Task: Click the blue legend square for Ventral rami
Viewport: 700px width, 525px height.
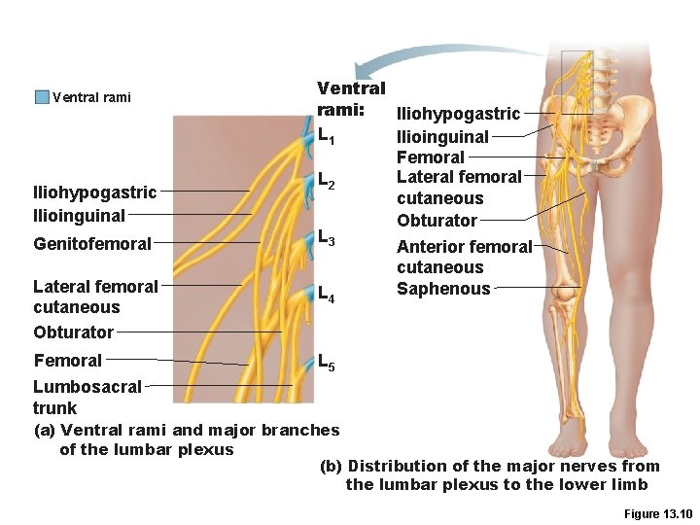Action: pyautogui.click(x=41, y=97)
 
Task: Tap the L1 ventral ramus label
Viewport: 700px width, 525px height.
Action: pyautogui.click(x=327, y=135)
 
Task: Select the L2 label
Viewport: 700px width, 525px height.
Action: pyautogui.click(x=327, y=181)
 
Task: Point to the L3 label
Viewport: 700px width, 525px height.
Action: pyautogui.click(x=327, y=237)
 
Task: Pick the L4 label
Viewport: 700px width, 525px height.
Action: pyautogui.click(x=327, y=294)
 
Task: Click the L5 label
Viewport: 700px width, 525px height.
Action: pyautogui.click(x=328, y=363)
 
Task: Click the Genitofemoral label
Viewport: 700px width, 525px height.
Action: pyautogui.click(x=92, y=244)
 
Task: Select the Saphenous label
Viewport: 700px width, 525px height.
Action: pyautogui.click(x=443, y=289)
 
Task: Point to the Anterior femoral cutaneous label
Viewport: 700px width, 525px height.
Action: pyautogui.click(x=464, y=257)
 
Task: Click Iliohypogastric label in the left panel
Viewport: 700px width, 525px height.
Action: pyautogui.click(x=94, y=192)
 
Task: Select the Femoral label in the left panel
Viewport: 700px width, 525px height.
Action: pyautogui.click(x=67, y=361)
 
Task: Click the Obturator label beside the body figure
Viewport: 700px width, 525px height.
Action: pyautogui.click(x=437, y=220)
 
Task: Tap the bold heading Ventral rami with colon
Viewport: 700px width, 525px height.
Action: pyautogui.click(x=351, y=99)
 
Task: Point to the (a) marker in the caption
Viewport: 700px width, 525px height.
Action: pyautogui.click(x=45, y=430)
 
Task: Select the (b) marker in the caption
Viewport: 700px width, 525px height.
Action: pyautogui.click(x=331, y=466)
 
